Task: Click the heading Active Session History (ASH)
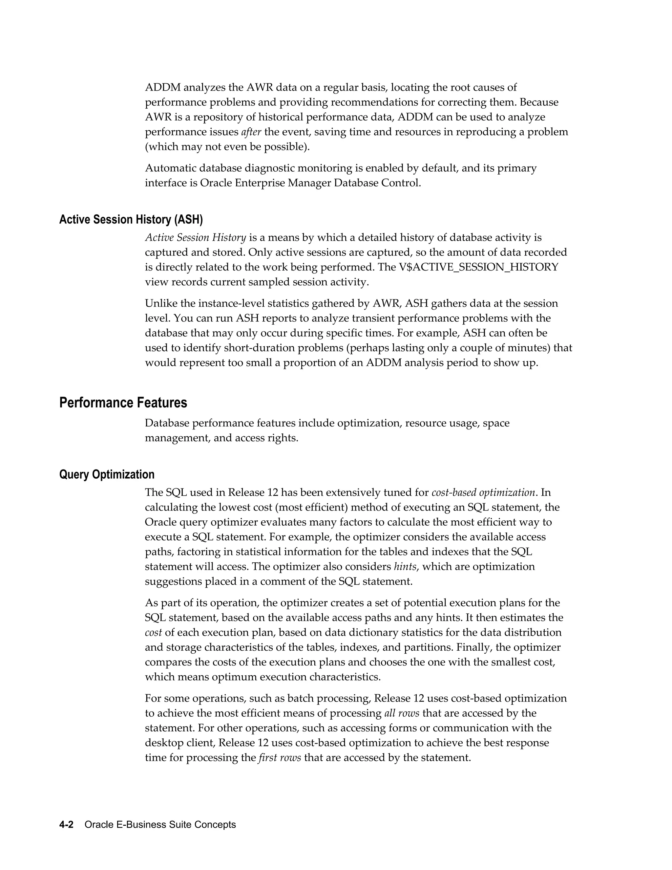[131, 220]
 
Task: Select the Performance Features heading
[123, 403]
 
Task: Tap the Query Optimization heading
[107, 474]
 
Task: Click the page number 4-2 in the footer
[66, 825]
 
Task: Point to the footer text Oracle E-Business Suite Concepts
[160, 825]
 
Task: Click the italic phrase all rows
[402, 713]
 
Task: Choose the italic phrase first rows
[280, 758]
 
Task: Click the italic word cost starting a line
[153, 633]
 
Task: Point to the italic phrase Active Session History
[196, 238]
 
